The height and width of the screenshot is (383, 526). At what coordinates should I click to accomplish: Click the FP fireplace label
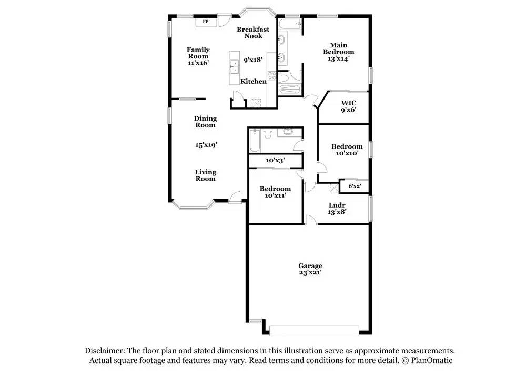tap(206, 22)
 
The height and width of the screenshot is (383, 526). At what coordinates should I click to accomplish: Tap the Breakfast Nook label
tap(253, 33)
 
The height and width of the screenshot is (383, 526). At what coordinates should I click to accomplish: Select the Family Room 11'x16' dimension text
tap(198, 63)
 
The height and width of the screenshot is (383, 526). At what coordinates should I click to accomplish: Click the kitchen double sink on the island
tap(234, 67)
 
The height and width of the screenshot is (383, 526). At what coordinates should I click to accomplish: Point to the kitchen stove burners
tap(272, 76)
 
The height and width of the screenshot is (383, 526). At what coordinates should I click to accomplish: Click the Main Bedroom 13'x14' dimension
tap(339, 58)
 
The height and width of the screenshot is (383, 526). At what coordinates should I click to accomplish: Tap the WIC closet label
tap(349, 103)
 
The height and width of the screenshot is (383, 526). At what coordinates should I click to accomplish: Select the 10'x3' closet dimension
tap(276, 160)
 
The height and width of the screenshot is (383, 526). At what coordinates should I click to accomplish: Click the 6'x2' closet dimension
tap(355, 186)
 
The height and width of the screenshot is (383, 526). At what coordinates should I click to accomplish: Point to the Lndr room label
tap(337, 205)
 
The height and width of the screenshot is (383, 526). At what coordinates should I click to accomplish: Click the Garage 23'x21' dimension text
tap(310, 272)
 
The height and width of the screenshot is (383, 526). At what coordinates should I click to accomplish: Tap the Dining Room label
tap(205, 122)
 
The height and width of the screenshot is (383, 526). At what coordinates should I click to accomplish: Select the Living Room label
tap(206, 175)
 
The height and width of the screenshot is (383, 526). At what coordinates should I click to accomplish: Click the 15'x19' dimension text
tap(206, 145)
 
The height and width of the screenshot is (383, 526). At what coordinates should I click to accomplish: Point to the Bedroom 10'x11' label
tap(276, 192)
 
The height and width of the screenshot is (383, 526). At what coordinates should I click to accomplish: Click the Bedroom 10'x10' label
tap(347, 150)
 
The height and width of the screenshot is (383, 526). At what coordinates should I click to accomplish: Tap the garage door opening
tap(314, 331)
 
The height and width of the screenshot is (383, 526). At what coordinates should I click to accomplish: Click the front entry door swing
tap(236, 198)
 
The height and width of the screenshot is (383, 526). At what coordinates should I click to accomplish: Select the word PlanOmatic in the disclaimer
tap(432, 360)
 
